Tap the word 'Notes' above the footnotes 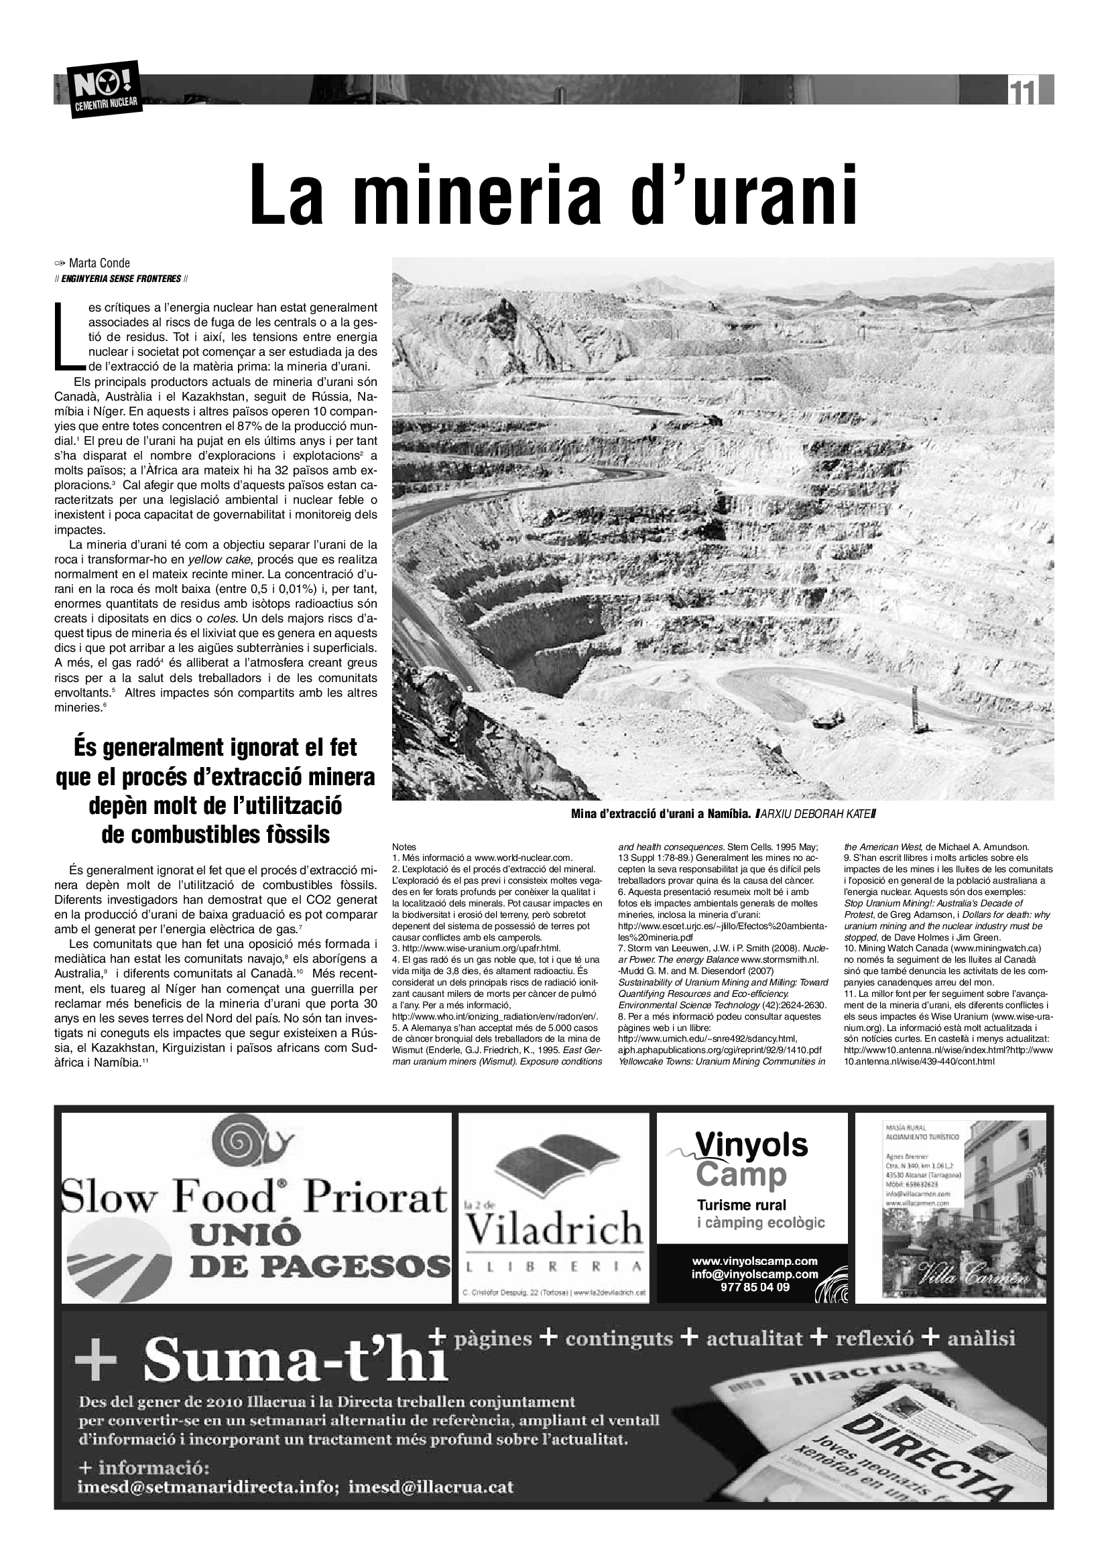tap(404, 847)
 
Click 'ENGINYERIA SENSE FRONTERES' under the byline tap(121, 279)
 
